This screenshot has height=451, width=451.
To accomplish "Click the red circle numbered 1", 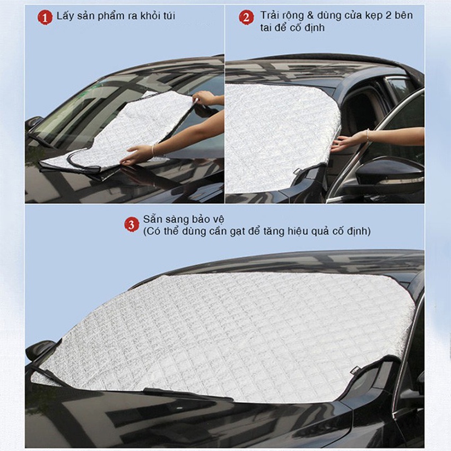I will (x=45, y=17).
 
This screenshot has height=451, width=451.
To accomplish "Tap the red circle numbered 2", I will (x=246, y=17).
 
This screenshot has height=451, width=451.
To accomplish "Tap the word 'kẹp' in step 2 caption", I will (x=369, y=15).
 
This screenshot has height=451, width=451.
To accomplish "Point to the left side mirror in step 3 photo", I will (x=40, y=350).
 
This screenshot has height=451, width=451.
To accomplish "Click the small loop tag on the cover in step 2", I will (x=298, y=170).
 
